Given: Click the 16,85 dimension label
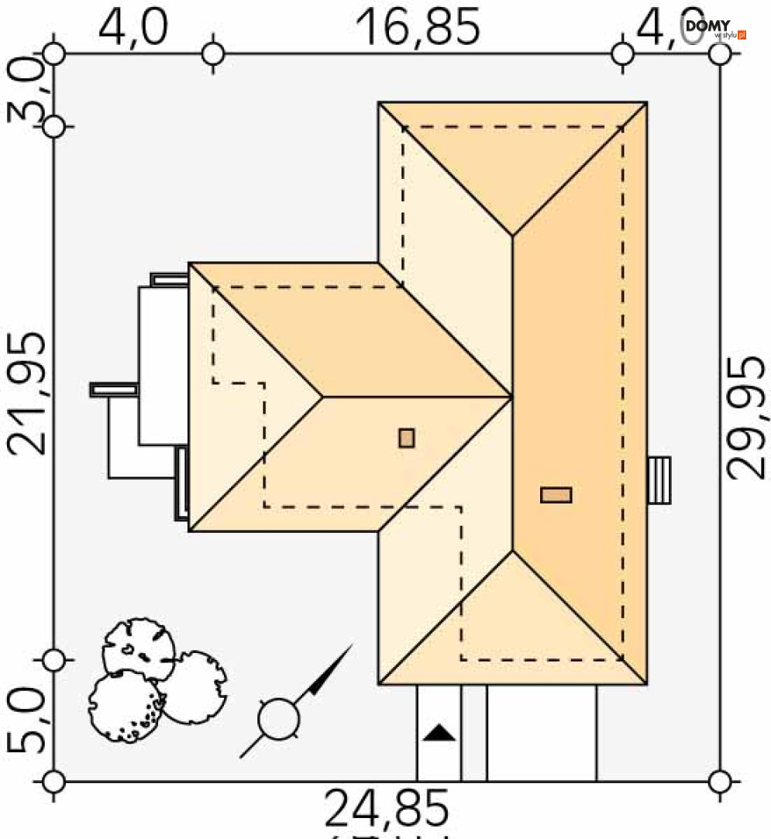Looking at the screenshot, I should point(418,28).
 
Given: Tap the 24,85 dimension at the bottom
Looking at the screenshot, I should point(386,809).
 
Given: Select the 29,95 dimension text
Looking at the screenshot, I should point(747,418).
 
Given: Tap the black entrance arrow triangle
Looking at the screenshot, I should point(439,732).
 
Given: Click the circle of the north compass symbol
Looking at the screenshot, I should point(279,719).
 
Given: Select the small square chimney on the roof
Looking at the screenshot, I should point(407,438).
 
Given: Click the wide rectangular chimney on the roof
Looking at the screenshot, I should point(556,495).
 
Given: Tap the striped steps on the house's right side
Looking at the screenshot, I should point(659,480).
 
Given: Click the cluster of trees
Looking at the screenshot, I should point(155,682).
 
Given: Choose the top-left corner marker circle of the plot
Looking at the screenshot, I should point(53,53).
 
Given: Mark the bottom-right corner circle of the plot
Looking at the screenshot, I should point(720,781).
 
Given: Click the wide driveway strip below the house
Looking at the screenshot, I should point(542,732).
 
